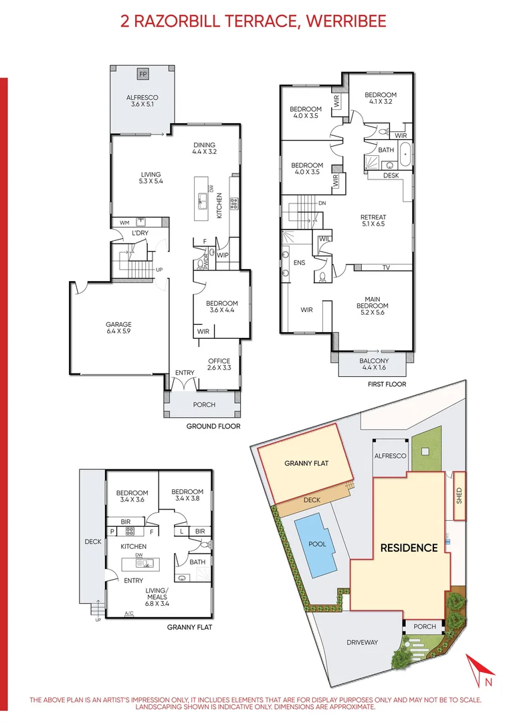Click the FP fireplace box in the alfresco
pyautogui.click(x=143, y=74)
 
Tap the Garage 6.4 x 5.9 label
pyautogui.click(x=118, y=327)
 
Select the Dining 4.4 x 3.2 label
pyautogui.click(x=204, y=148)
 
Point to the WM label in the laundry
pyautogui.click(x=124, y=223)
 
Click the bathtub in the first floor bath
pyautogui.click(x=405, y=154)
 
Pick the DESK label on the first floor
pyautogui.click(x=391, y=175)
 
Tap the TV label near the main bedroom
pyautogui.click(x=386, y=267)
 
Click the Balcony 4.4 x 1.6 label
pyautogui.click(x=374, y=364)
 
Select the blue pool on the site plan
pyautogui.click(x=317, y=546)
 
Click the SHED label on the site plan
pyautogui.click(x=459, y=495)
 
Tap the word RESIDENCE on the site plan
pyautogui.click(x=409, y=548)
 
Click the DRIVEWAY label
pyautogui.click(x=362, y=642)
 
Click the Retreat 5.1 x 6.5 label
pyautogui.click(x=373, y=220)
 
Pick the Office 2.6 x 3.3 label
pyautogui.click(x=219, y=364)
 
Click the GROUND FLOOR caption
pyautogui.click(x=213, y=426)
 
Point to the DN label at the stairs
pyautogui.click(x=322, y=203)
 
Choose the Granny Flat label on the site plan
pyautogui.click(x=306, y=463)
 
